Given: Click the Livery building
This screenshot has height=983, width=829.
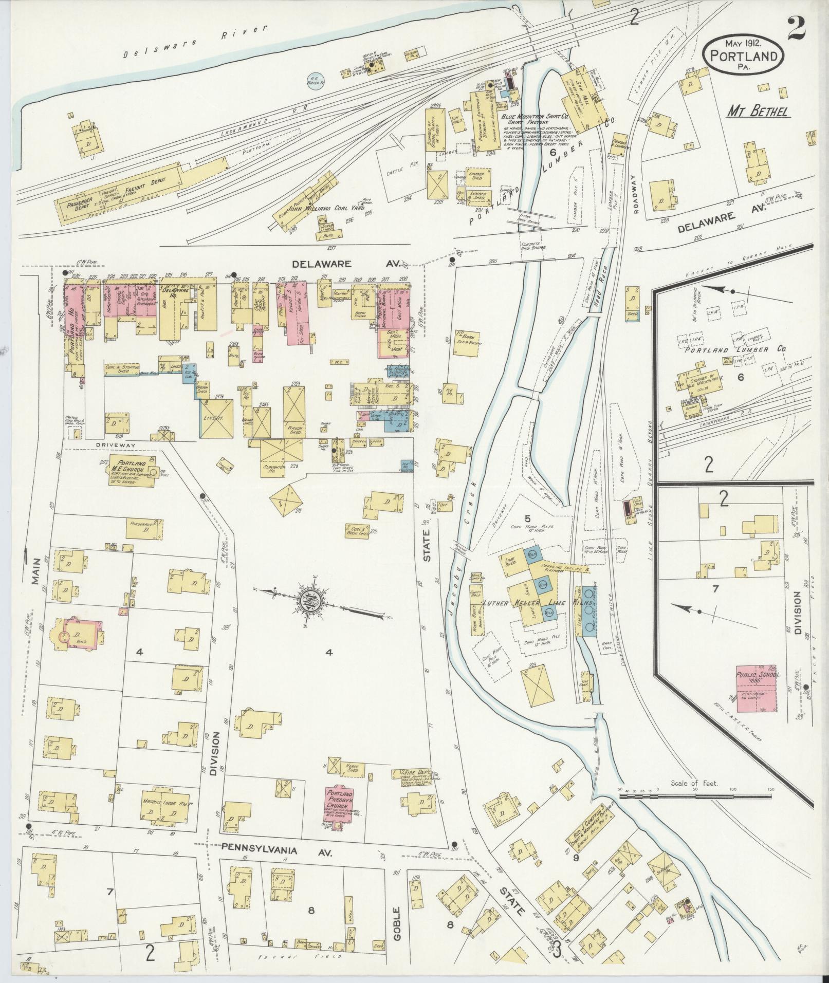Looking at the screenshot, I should (x=216, y=418).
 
